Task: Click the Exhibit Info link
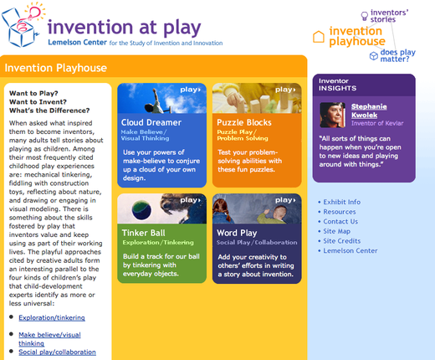pos(343,202)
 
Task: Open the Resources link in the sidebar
pos(340,212)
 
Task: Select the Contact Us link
pos(342,221)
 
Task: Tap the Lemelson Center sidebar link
pos(350,250)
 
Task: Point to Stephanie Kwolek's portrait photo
pos(334,115)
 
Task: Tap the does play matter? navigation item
pos(399,56)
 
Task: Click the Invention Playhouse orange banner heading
pos(56,68)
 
